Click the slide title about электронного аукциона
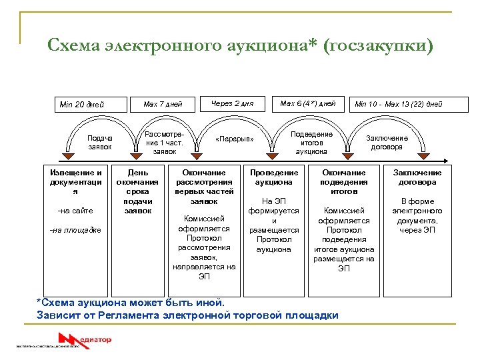240,46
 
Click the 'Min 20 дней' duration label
82,105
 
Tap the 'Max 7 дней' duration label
163,104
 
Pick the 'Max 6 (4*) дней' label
307,103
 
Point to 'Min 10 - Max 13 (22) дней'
398,104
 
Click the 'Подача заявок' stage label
100,142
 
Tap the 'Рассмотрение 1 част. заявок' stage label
165,142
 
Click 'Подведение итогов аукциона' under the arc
311,142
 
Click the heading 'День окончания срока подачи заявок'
138,191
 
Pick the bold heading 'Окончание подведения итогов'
344,181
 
